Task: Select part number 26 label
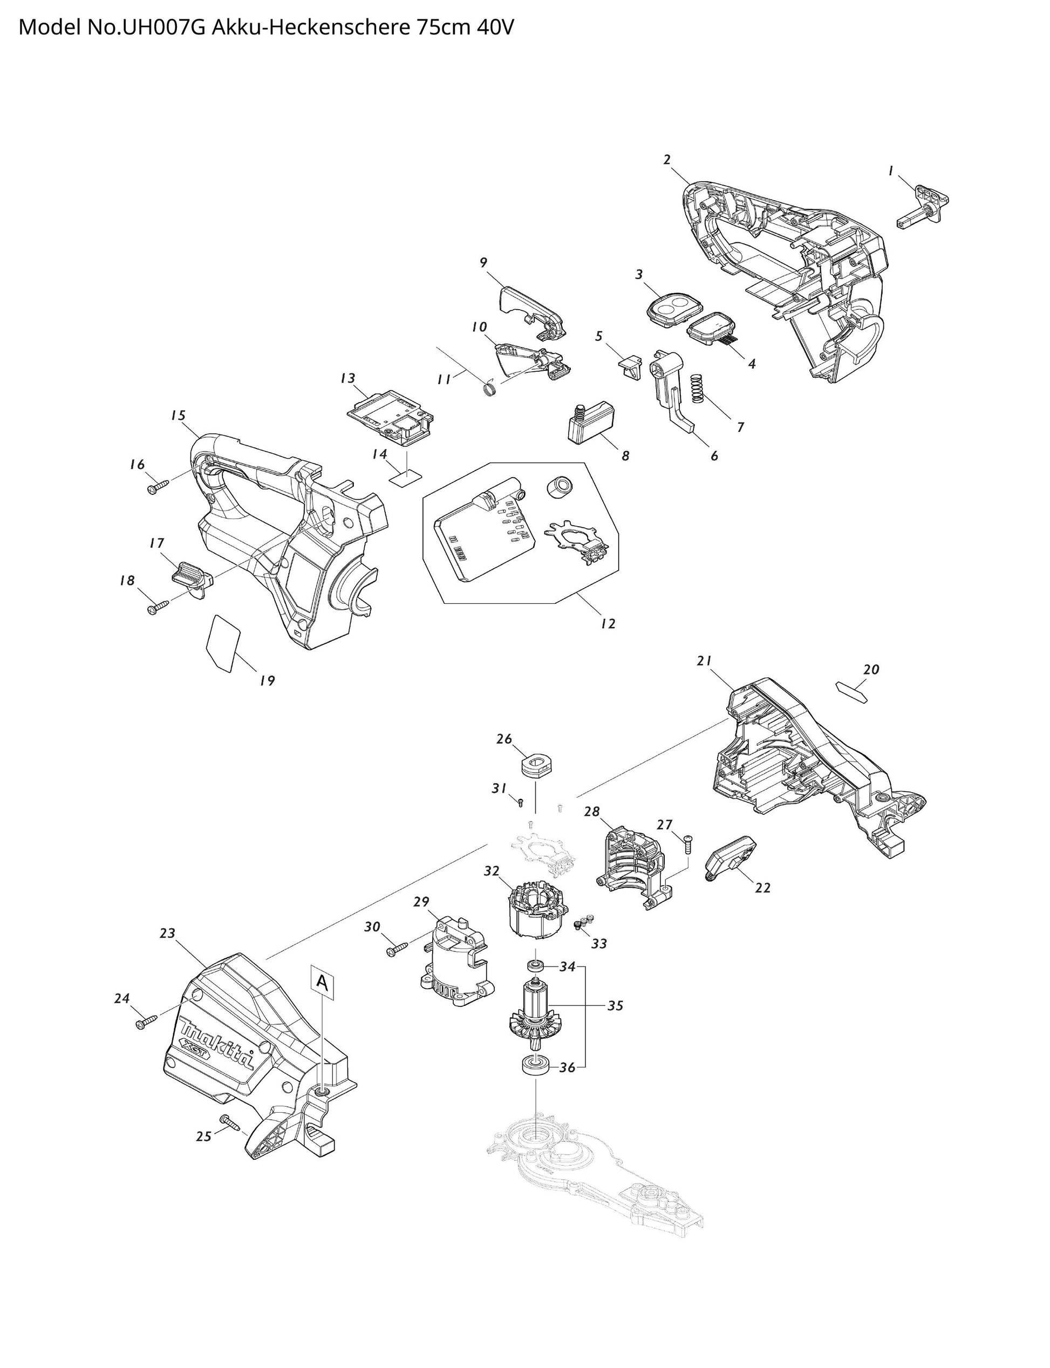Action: [x=504, y=739]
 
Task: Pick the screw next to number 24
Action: [x=146, y=1024]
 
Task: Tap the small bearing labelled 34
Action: [x=536, y=966]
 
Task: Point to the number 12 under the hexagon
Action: [x=608, y=623]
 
